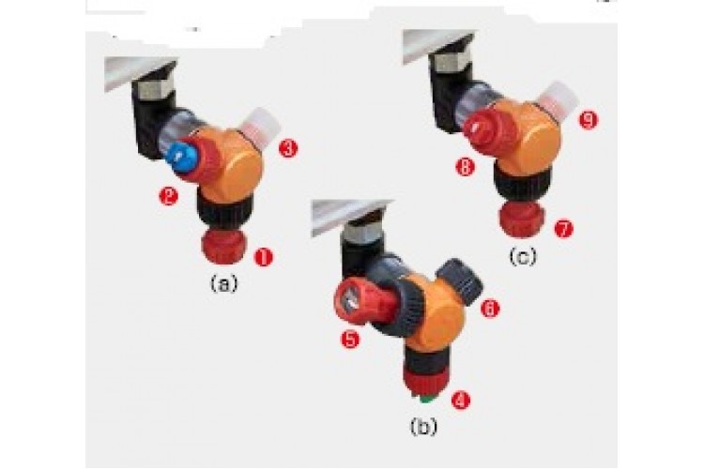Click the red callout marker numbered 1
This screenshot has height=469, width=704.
(263, 257)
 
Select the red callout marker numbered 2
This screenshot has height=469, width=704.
(168, 196)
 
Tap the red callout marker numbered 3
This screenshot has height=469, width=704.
(288, 148)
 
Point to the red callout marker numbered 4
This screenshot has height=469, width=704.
(460, 400)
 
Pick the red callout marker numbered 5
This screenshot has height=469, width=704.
(350, 339)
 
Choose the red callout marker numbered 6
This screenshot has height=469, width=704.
(490, 308)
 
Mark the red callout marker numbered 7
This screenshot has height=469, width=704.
(564, 229)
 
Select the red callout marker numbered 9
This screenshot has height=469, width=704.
(589, 120)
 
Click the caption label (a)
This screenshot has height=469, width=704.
(224, 283)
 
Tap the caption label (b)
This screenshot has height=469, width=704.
(423, 427)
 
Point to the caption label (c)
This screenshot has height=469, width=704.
(523, 257)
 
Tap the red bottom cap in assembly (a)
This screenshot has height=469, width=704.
(224, 247)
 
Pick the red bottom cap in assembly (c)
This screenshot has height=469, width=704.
(521, 219)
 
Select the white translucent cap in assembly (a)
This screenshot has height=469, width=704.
(261, 127)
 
